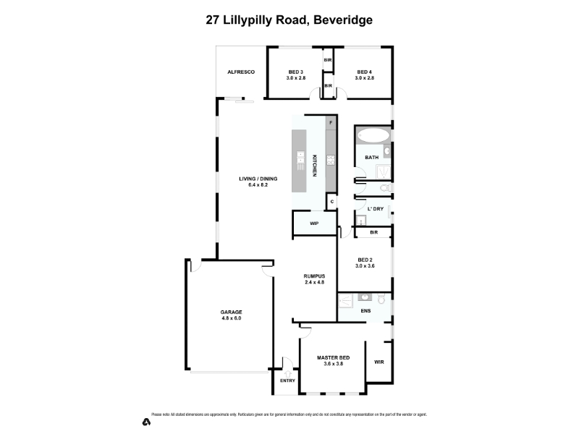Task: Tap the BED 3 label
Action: click(295, 72)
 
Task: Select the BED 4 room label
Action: click(364, 72)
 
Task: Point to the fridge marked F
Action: click(331, 123)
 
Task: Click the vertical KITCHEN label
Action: click(315, 166)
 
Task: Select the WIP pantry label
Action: click(314, 224)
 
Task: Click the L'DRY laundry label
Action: click(375, 209)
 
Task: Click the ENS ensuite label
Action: click(365, 311)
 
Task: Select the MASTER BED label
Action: click(334, 358)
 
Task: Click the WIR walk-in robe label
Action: click(379, 362)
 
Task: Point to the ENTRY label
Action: click(287, 380)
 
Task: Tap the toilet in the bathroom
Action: click(385, 188)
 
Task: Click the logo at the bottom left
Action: click(145, 420)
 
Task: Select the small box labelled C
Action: click(331, 202)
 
